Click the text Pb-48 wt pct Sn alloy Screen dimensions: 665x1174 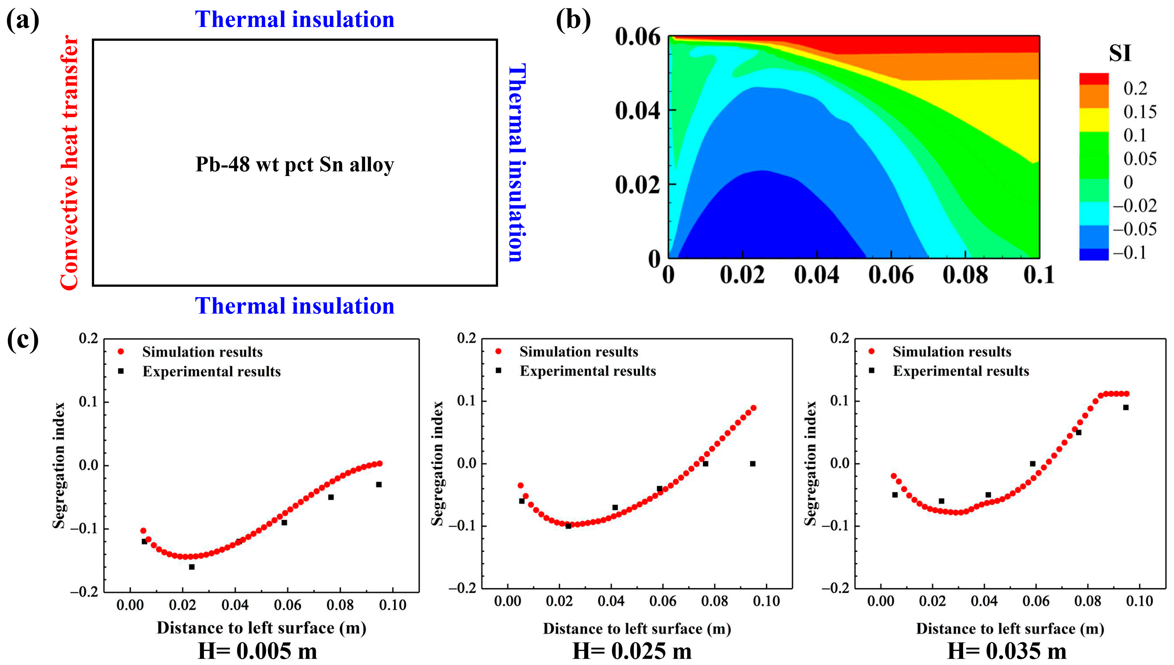tap(295, 165)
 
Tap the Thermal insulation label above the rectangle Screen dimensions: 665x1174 tap(295, 19)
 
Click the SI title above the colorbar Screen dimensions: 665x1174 tap(1120, 53)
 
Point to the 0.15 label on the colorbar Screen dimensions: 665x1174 tap(1140, 112)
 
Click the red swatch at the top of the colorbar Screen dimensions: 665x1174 tap(1094, 79)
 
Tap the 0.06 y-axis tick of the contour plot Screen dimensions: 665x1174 tap(637, 37)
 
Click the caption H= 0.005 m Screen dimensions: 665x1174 tap(257, 651)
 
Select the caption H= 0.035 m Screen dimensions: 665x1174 tap(1007, 651)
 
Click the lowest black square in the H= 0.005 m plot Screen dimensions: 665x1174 tap(192, 567)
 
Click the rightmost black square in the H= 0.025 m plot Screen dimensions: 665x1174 tap(753, 464)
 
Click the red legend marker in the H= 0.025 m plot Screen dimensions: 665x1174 tap(499, 351)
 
